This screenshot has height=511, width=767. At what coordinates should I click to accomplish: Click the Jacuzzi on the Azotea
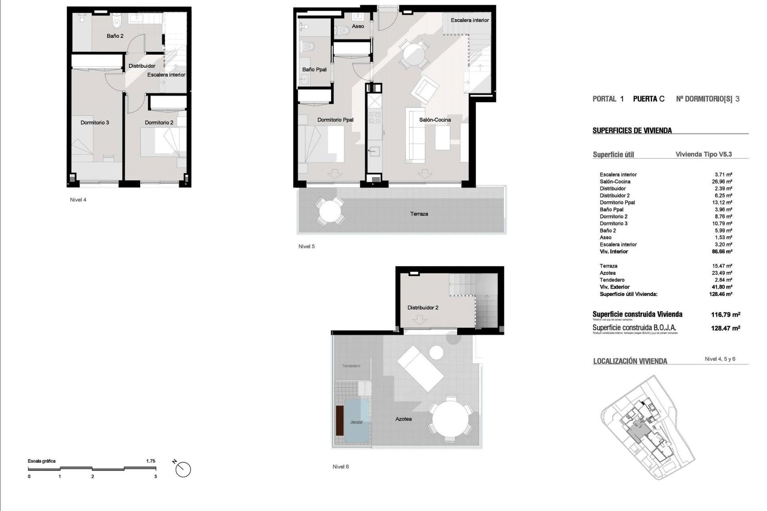pyautogui.click(x=356, y=422)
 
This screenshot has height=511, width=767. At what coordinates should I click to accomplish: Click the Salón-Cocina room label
pyautogui.click(x=435, y=120)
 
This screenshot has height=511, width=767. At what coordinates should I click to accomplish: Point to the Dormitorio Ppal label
pyautogui.click(x=335, y=120)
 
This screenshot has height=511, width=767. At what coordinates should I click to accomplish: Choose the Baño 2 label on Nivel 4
pyautogui.click(x=115, y=36)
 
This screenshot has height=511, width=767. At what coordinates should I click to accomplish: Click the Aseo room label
pyautogui.click(x=358, y=26)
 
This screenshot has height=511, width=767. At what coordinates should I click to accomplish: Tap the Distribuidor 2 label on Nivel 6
pyautogui.click(x=423, y=308)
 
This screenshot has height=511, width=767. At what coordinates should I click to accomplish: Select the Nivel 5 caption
pyautogui.click(x=306, y=246)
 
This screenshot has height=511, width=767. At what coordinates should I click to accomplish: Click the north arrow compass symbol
pyautogui.click(x=183, y=469)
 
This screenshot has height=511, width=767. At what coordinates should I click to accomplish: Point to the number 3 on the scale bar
pyautogui.click(x=155, y=476)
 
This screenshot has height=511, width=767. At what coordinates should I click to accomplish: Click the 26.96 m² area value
pyautogui.click(x=723, y=182)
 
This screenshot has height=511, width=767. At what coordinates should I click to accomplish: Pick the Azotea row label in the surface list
pyautogui.click(x=607, y=273)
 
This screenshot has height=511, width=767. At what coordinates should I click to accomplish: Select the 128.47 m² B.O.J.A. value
pyautogui.click(x=725, y=328)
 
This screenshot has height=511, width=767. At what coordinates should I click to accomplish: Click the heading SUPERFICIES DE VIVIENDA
pyautogui.click(x=632, y=131)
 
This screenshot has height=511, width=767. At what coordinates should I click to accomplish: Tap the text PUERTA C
pyautogui.click(x=649, y=99)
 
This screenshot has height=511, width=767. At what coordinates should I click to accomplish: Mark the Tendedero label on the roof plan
pyautogui.click(x=351, y=366)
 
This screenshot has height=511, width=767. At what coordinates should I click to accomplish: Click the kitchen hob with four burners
pyautogui.click(x=374, y=118)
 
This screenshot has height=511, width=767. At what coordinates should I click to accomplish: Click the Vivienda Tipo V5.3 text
pyautogui.click(x=703, y=154)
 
